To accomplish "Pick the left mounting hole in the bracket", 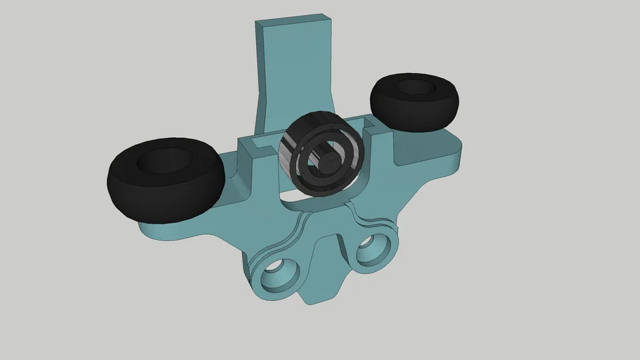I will pyautogui.click(x=279, y=274).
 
